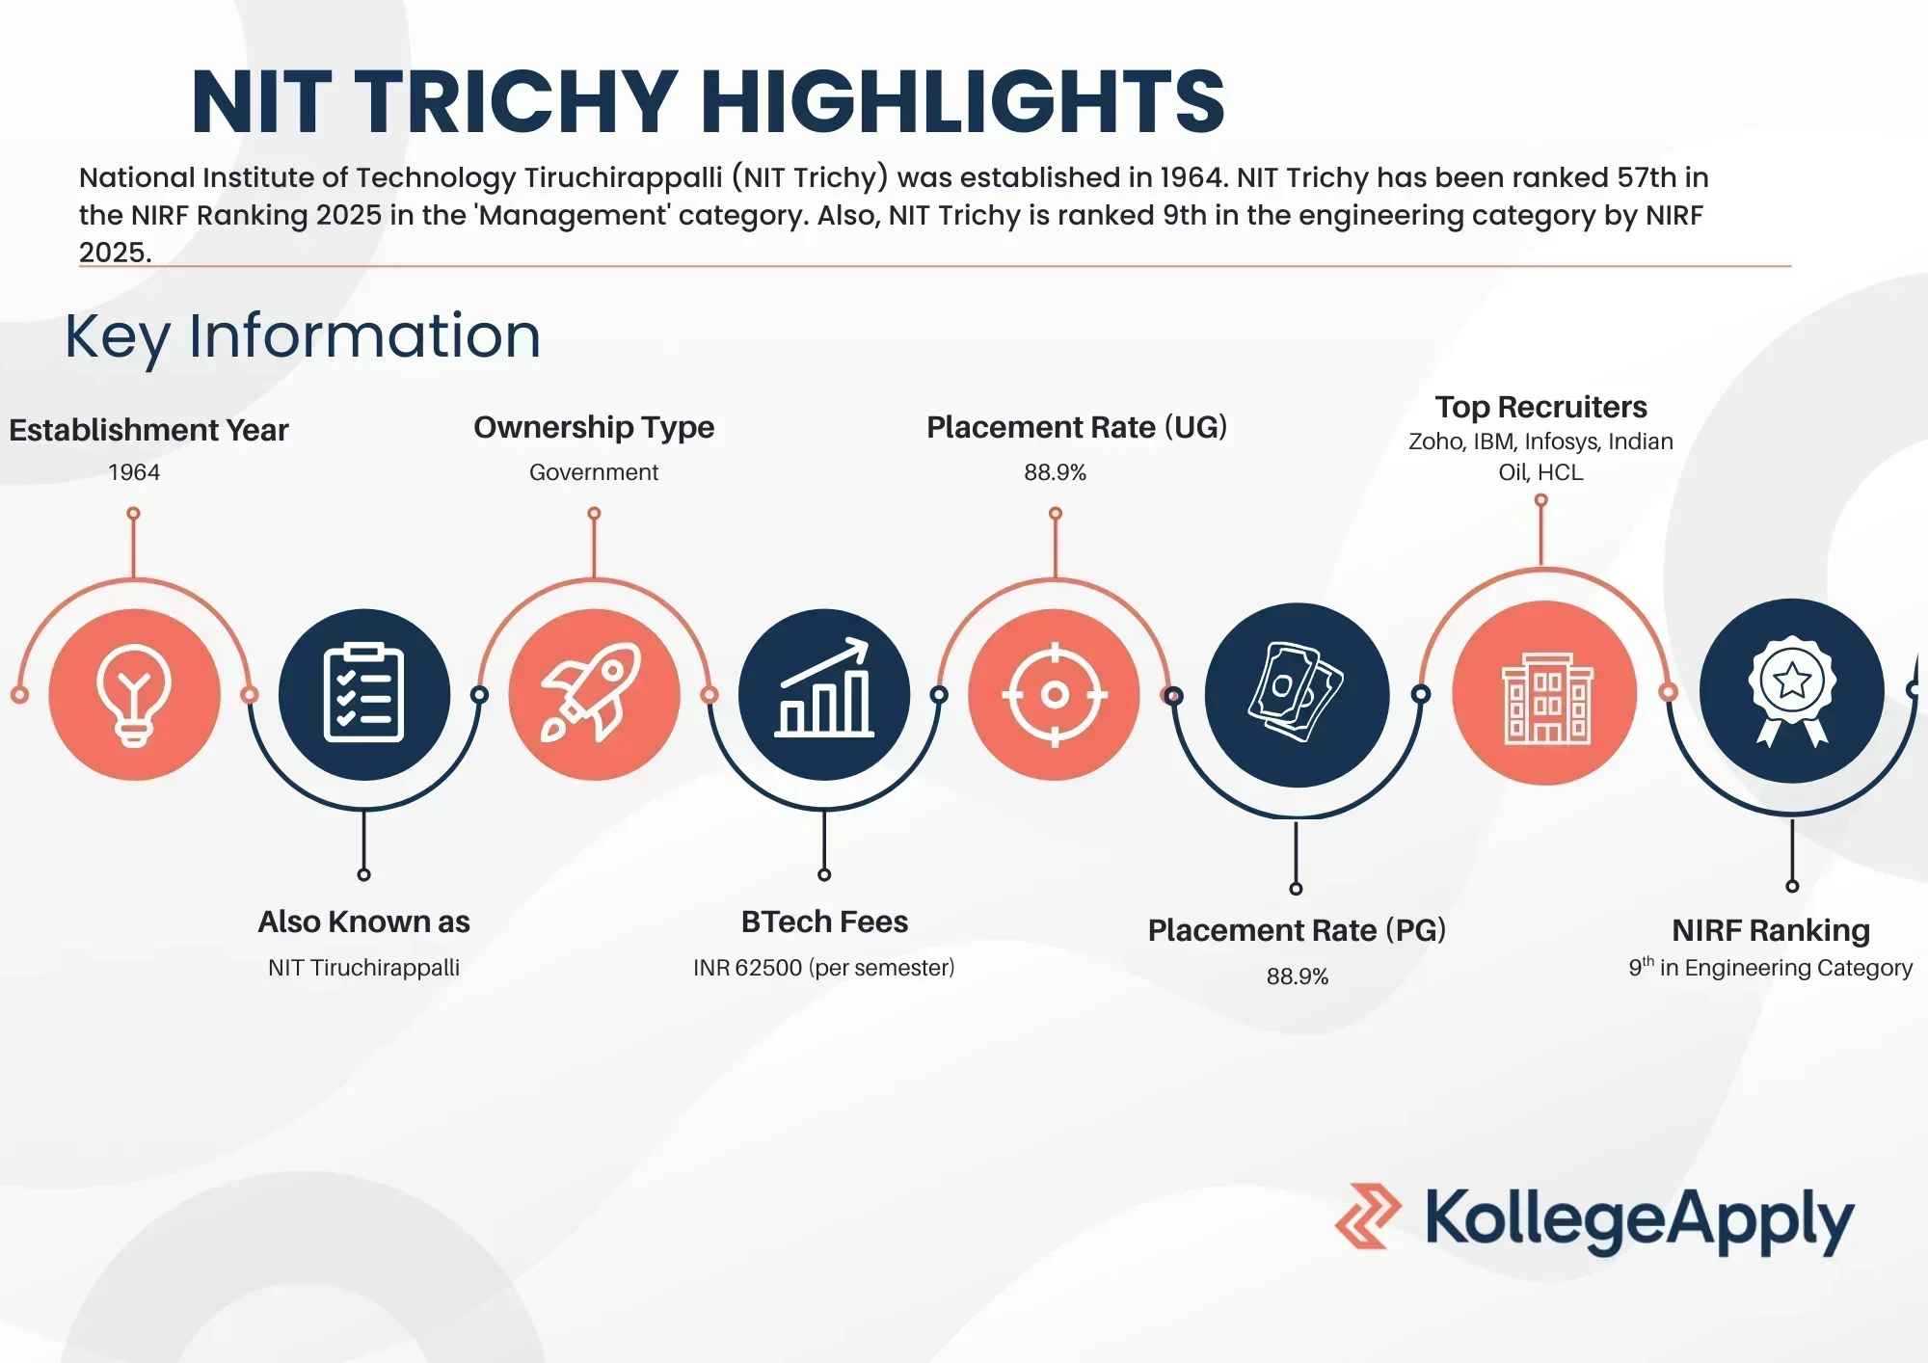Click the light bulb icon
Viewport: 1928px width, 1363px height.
point(134,695)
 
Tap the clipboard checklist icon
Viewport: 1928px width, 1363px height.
point(363,693)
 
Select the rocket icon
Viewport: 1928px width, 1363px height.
point(592,693)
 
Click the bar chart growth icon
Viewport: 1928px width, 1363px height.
point(824,687)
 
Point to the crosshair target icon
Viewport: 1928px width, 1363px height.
point(1055,694)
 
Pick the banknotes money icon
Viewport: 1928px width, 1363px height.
point(1297,692)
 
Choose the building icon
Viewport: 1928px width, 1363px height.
point(1547,698)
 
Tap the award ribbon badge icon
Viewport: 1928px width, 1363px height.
point(1792,690)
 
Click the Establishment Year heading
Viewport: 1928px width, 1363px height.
point(148,430)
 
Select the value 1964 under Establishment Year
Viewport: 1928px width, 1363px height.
point(134,472)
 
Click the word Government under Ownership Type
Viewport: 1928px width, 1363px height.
point(594,472)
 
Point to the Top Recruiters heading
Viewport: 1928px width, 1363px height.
point(1540,407)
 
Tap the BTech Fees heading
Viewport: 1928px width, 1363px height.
point(824,922)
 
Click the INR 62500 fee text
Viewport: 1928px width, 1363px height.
point(747,968)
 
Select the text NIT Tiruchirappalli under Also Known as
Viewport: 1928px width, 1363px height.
point(363,968)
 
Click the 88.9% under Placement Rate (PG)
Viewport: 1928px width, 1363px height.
point(1298,976)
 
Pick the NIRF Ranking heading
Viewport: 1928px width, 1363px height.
point(1771,930)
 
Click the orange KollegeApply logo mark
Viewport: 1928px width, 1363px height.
point(1368,1216)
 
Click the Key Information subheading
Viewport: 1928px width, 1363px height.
point(303,336)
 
